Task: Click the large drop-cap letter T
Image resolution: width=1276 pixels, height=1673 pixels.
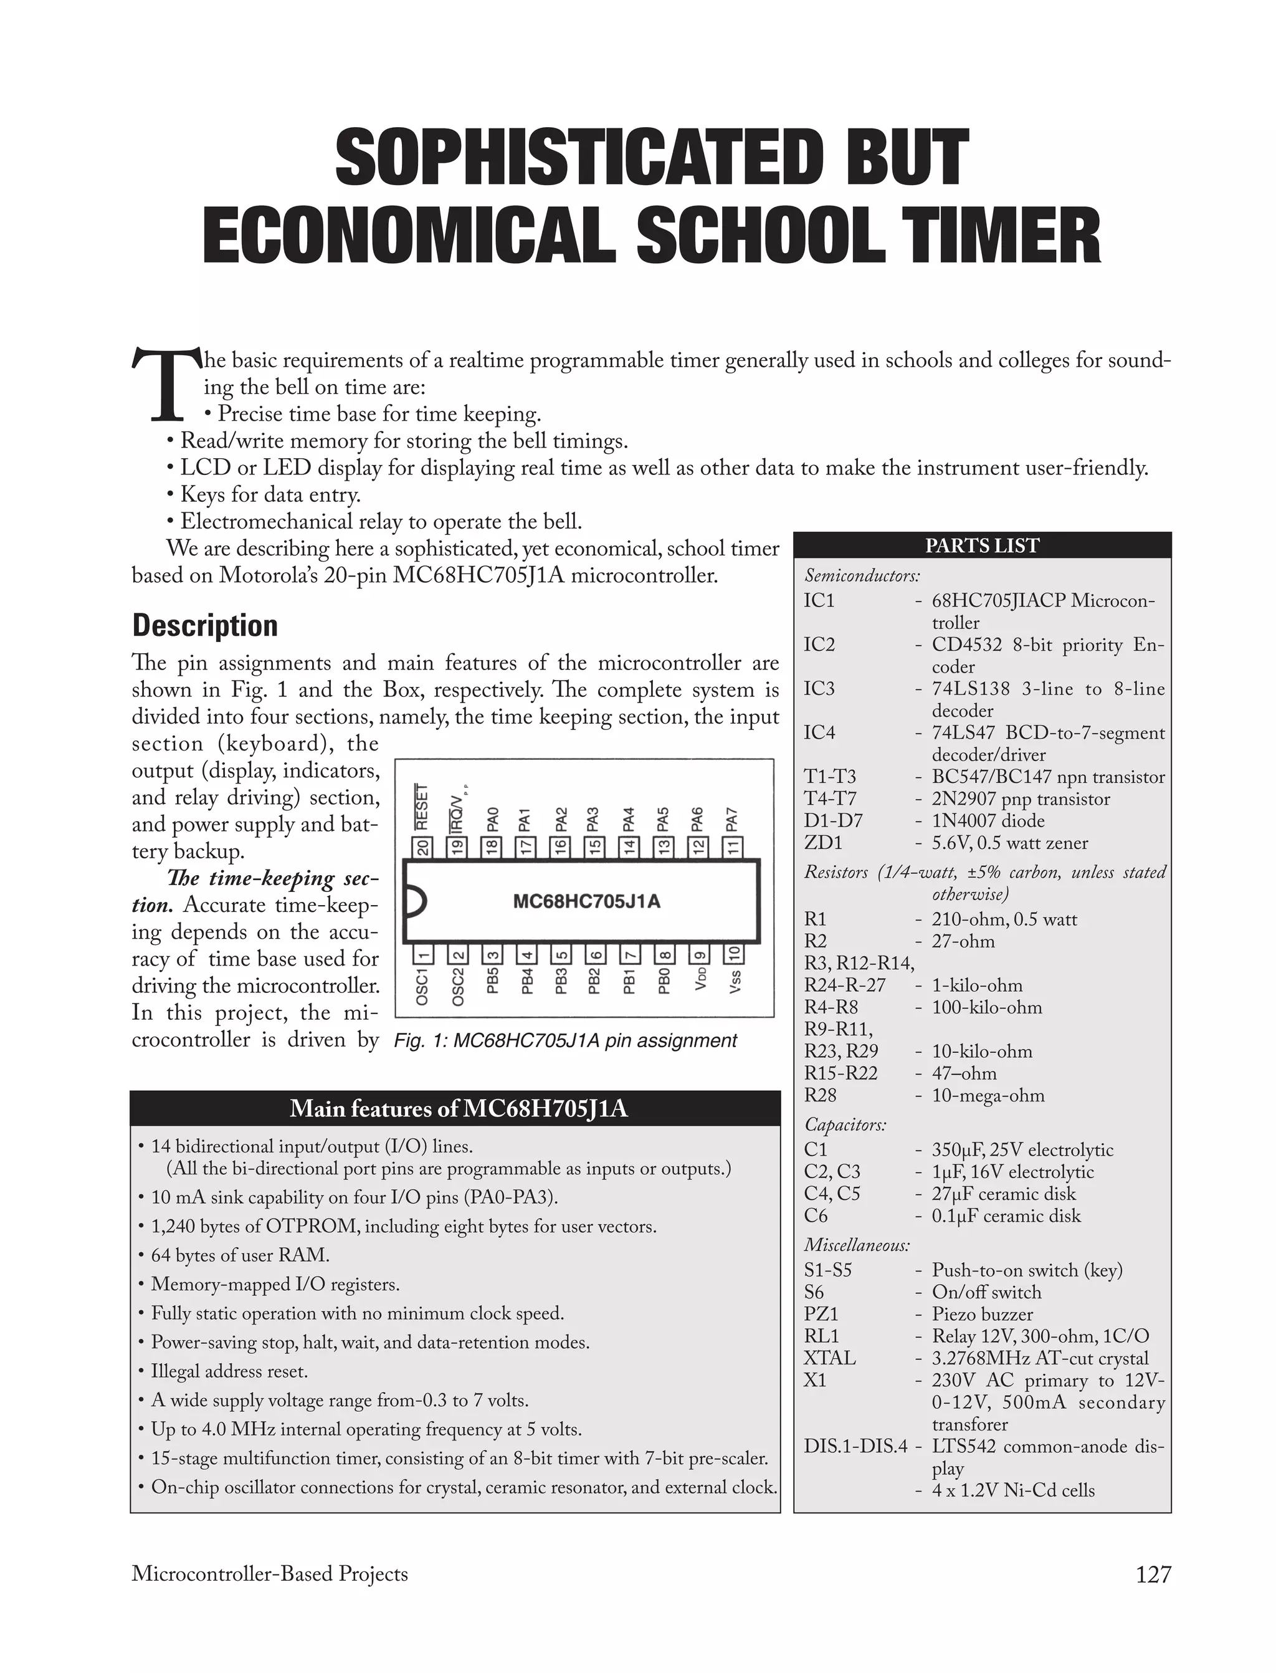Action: point(166,385)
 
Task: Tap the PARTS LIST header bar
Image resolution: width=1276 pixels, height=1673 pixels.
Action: point(981,545)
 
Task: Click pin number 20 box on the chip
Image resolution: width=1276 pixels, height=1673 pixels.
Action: point(422,847)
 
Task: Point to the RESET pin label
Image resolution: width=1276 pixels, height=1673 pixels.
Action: point(422,807)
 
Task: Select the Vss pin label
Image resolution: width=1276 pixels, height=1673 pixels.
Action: point(735,982)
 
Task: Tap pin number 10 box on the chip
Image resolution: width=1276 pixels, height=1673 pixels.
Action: point(735,954)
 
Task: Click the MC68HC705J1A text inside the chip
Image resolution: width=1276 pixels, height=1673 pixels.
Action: point(586,902)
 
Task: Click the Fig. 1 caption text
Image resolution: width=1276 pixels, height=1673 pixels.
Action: point(565,1040)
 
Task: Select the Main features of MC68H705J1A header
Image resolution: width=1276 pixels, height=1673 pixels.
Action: point(458,1108)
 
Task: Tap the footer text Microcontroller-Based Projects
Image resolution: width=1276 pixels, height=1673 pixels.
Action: point(270,1573)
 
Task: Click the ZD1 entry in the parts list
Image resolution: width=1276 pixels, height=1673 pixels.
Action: point(822,843)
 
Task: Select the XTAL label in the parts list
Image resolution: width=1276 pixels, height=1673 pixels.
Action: point(829,1358)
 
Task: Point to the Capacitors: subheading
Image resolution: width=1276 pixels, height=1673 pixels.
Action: point(845,1124)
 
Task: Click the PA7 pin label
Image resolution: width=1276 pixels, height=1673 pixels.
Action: point(731,819)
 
